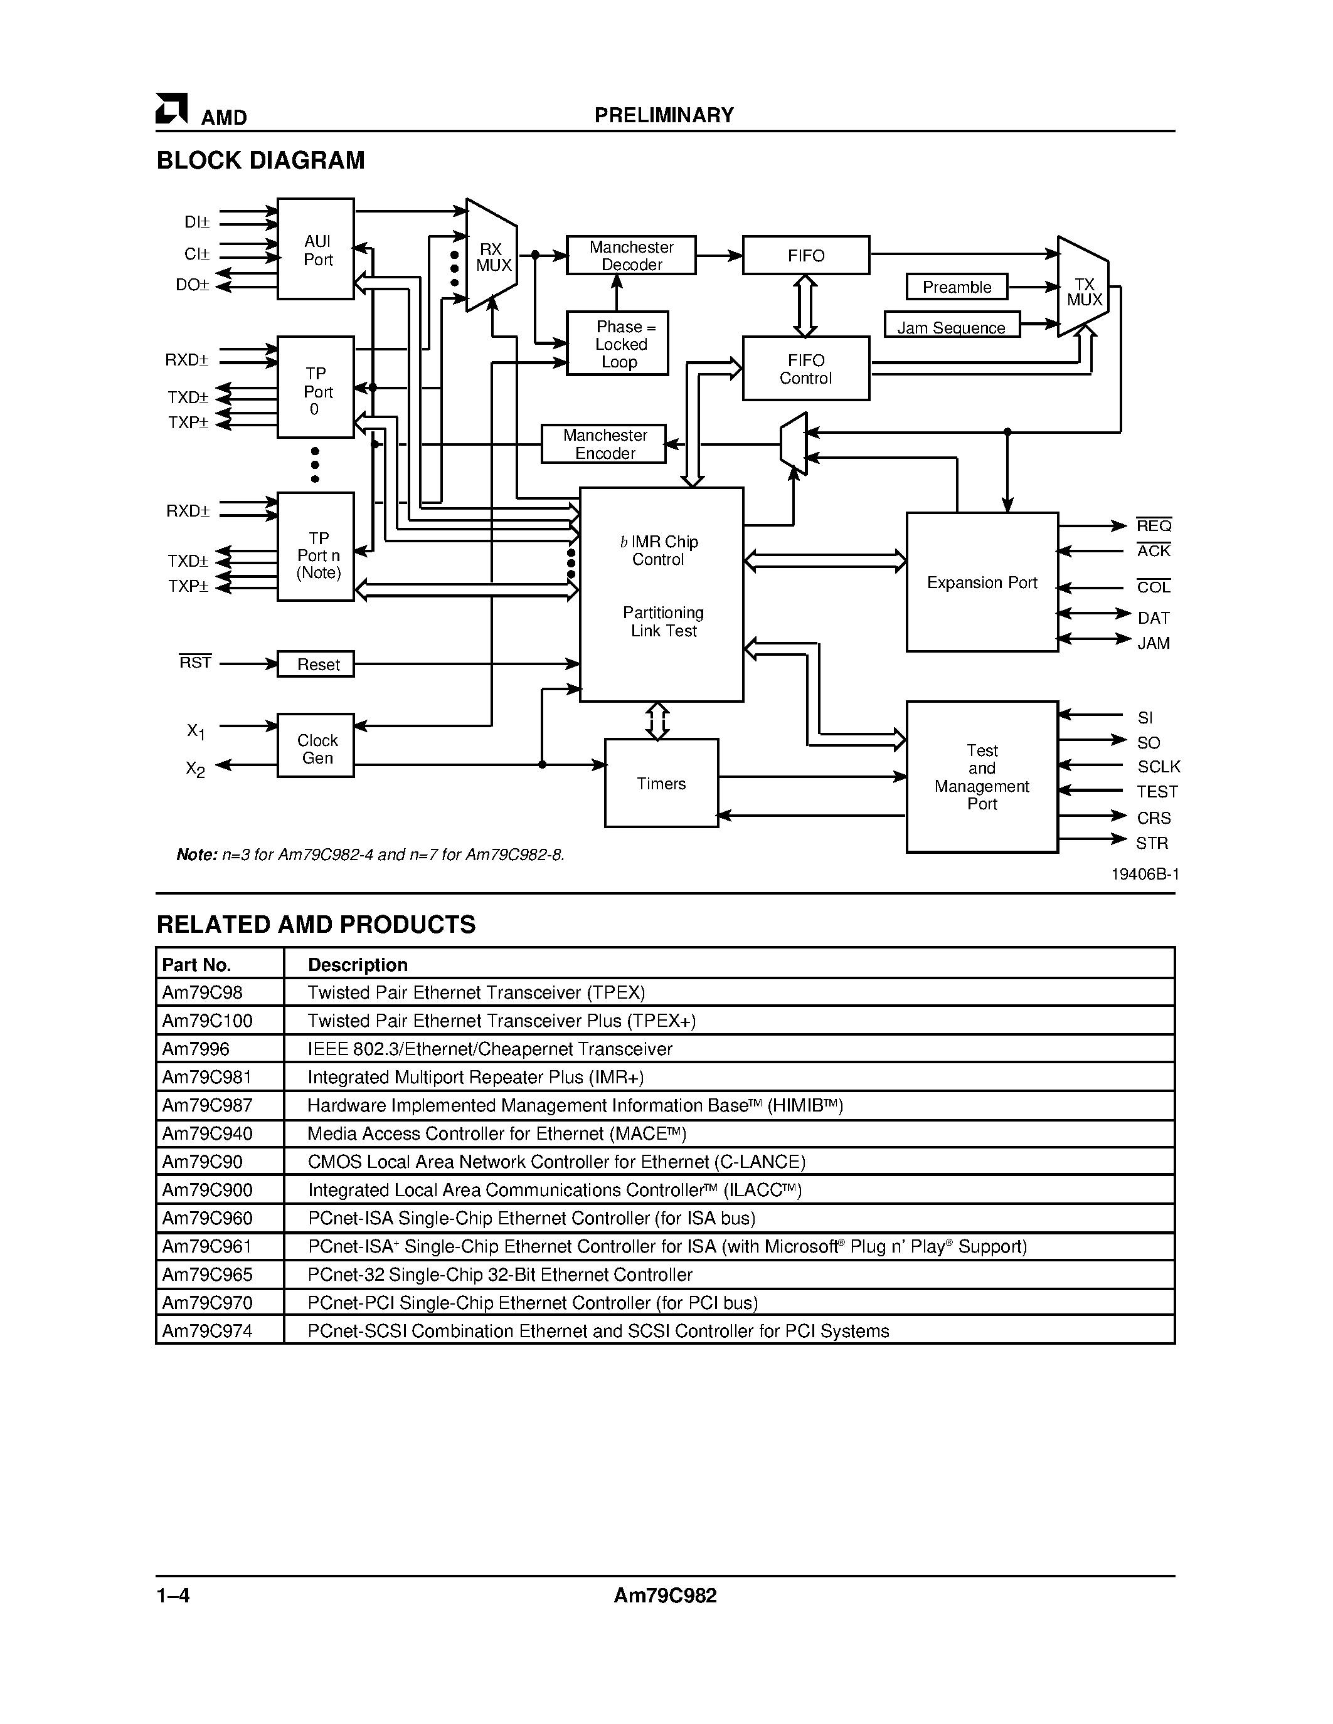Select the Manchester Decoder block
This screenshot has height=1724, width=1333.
(631, 256)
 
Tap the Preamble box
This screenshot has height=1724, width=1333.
(957, 287)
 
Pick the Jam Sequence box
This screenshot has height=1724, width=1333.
(952, 326)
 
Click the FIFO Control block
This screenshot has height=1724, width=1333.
(805, 369)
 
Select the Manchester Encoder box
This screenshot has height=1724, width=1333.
(604, 444)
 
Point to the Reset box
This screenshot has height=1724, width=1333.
(316, 665)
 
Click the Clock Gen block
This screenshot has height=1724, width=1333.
(316, 747)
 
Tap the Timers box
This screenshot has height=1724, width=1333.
(661, 783)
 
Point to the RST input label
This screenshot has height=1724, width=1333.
(195, 662)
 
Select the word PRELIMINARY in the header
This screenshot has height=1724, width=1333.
(663, 115)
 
